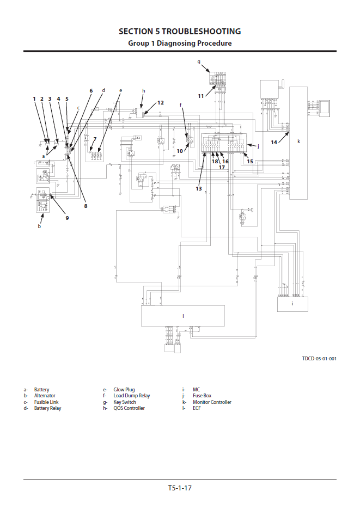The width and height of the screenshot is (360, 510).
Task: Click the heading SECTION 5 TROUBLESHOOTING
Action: point(180,31)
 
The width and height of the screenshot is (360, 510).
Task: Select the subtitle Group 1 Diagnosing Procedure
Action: point(180,43)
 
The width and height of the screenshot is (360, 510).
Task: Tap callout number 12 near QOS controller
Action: point(160,102)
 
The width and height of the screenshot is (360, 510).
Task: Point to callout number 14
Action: point(274,142)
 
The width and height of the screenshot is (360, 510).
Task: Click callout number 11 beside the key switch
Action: point(201,96)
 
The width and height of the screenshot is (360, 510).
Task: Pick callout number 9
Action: point(68,218)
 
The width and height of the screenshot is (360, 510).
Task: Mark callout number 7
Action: point(94,139)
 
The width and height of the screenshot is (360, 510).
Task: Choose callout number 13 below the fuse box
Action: point(199,188)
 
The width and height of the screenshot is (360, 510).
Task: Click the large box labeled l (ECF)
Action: point(183,316)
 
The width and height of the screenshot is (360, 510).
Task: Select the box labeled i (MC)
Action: point(292,304)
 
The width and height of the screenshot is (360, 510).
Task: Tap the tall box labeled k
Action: point(298,142)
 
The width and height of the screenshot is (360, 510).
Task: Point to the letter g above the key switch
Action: point(199,62)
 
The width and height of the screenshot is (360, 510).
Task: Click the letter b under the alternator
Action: point(39,226)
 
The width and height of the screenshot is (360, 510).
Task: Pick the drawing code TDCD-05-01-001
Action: point(319,359)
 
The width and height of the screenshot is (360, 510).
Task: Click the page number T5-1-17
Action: point(180,488)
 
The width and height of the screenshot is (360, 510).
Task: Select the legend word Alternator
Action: point(45,396)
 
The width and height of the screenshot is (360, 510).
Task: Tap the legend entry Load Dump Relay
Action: point(131,396)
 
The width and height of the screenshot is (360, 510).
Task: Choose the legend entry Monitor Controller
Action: point(212,402)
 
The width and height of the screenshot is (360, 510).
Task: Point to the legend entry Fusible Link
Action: point(46,402)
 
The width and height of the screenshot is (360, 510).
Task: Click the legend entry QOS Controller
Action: point(129,408)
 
